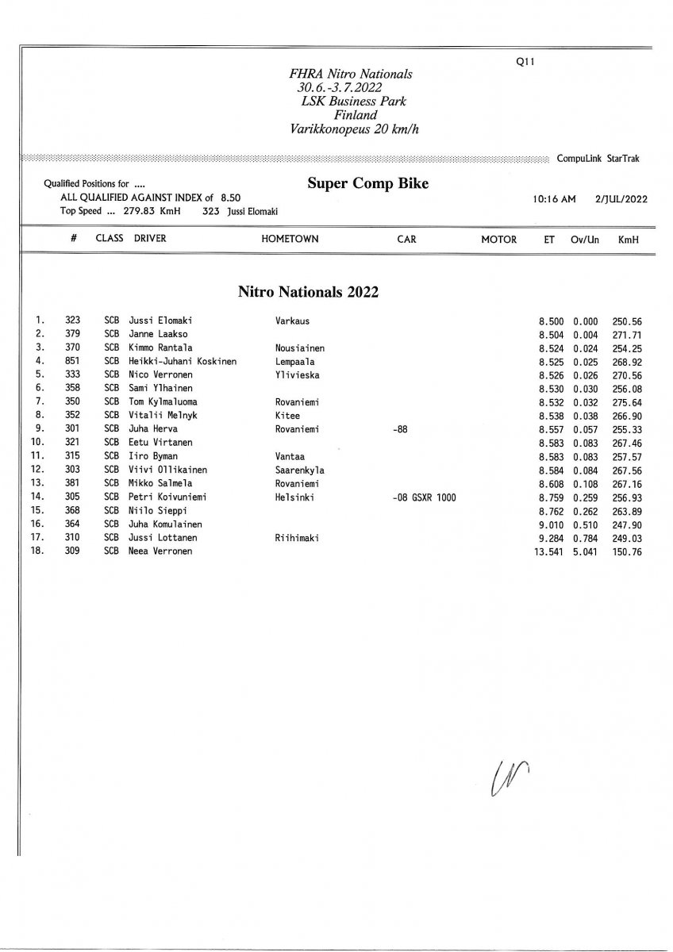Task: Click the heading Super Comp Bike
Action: pos(367,184)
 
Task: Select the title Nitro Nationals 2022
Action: pos(308,292)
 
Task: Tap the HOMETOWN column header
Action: pos(290,239)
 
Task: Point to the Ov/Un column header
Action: pos(584,239)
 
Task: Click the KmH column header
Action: pos(628,239)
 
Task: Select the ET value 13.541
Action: pos(549,551)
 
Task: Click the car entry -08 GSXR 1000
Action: pos(424,497)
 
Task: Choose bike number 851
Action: pos(73,361)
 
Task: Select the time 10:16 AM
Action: pos(556,199)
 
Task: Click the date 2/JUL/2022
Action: pos(621,199)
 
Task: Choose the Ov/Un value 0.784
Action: pos(584,537)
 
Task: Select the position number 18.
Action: pos(37,551)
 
